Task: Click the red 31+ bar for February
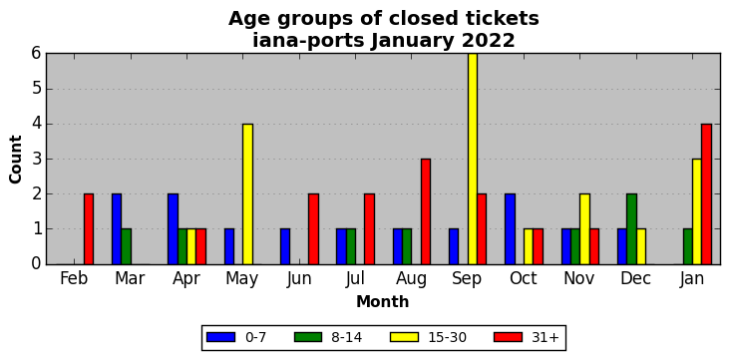pos(89,229)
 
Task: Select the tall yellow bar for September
pos(473,159)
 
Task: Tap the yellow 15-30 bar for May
pos(247,194)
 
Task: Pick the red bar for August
pos(426,211)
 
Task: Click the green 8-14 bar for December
pos(631,229)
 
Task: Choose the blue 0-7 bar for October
pos(510,229)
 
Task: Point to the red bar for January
pos(707,194)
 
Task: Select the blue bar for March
pos(117,229)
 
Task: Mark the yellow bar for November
pos(584,229)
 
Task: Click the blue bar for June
pos(285,247)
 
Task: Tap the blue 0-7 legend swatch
pos(220,337)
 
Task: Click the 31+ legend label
pos(545,337)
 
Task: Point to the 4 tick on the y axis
pos(38,125)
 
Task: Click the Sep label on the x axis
pos(467,279)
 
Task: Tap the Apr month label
pos(186,279)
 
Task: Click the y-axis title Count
pos(15,160)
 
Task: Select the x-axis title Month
pos(383,302)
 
